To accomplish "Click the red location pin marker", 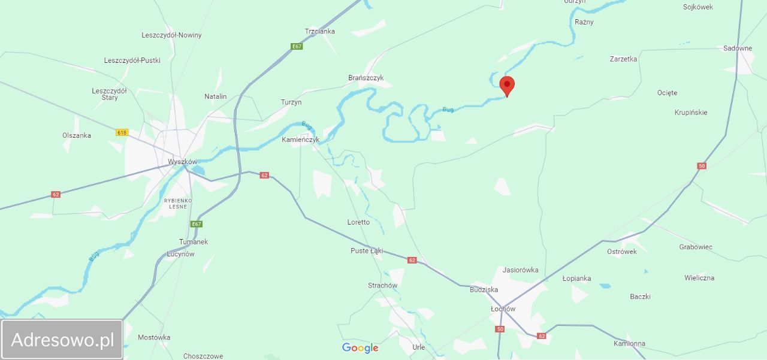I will [x=507, y=86].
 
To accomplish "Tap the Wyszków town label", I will [x=182, y=162].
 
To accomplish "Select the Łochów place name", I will [x=503, y=309].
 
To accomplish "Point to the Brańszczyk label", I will [x=366, y=78].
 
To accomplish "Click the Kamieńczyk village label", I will [x=301, y=140].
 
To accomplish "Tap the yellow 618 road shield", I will [x=122, y=132].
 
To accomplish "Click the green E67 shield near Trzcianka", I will [x=297, y=46].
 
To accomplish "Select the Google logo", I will [x=360, y=348].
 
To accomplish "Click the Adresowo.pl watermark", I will [x=62, y=340].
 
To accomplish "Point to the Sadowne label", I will [x=737, y=49].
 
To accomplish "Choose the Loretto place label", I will [x=358, y=222].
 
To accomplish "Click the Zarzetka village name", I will [x=623, y=59].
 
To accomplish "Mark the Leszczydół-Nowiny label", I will [x=171, y=35].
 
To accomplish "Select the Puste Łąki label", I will [x=367, y=251].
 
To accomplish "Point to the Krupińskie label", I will [x=690, y=113].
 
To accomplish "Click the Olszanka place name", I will [x=77, y=135].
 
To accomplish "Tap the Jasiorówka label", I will [x=520, y=270].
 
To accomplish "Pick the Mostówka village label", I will [x=154, y=337].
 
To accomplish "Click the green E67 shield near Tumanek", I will [x=197, y=224].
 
